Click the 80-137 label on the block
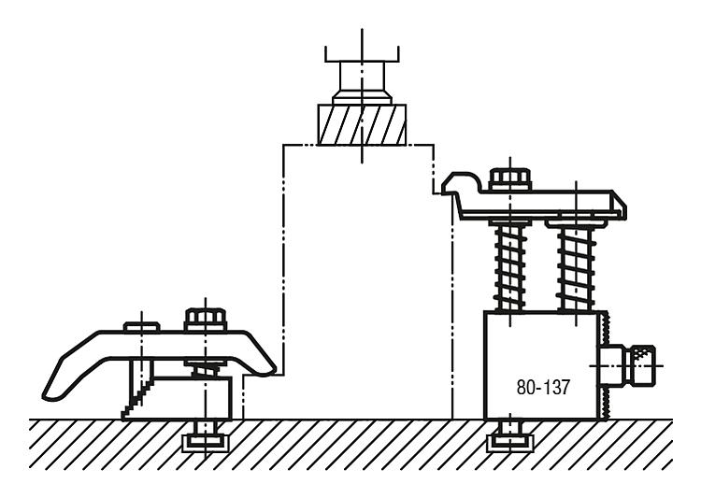(x=543, y=387)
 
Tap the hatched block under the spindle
(x=362, y=124)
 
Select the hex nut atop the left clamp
(x=206, y=320)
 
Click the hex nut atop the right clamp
(x=510, y=179)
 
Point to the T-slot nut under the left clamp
(x=205, y=443)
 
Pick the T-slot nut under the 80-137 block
(x=509, y=443)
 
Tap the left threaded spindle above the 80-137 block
(x=509, y=267)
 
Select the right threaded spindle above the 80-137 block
(x=577, y=267)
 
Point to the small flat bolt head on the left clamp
(x=141, y=327)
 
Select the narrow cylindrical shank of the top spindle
(x=362, y=76)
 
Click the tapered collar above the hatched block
(x=362, y=98)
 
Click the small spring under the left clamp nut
(x=206, y=369)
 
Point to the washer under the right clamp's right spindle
(x=576, y=222)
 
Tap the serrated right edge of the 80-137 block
(x=606, y=365)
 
